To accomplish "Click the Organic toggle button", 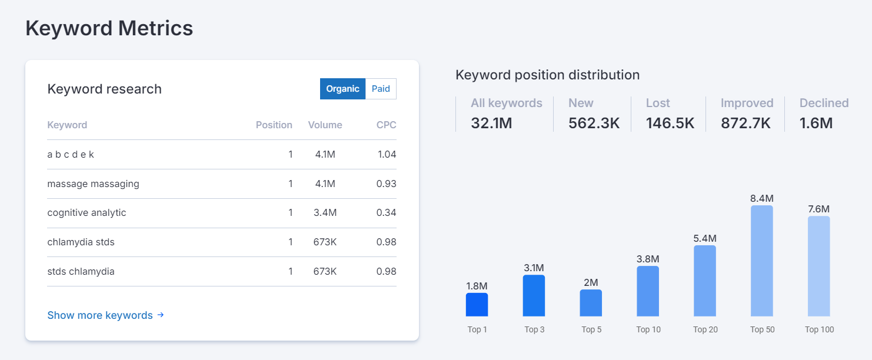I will point(342,89).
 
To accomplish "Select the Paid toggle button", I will point(381,89).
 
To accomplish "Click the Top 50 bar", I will point(762,261).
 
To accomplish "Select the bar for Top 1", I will point(477,305).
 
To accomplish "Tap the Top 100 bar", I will point(818,266).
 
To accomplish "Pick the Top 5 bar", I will point(591,303).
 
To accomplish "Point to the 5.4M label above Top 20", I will point(705,238).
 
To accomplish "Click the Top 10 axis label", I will point(648,329).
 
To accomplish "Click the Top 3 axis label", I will point(534,329).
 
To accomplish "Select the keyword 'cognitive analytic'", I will point(86,213).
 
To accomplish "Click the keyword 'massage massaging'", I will point(93,184).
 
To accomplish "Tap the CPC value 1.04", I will point(387,155).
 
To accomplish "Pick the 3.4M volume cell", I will point(325,213).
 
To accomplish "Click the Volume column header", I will point(325,125).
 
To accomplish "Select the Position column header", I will point(274,125).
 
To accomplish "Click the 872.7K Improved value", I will point(745,123).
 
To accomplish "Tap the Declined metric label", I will point(824,103).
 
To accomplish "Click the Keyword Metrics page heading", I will point(109,28).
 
